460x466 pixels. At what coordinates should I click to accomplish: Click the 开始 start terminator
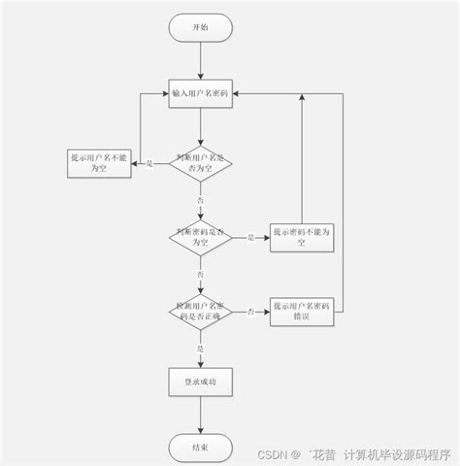200,27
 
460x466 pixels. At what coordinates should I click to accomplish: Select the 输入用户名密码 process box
200,93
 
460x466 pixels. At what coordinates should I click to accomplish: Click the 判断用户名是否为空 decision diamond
200,162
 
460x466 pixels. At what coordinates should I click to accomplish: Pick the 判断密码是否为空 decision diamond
200,236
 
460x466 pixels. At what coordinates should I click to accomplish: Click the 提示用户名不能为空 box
100,162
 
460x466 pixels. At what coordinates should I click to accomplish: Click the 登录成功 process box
200,383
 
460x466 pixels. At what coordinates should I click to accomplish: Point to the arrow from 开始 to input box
200,60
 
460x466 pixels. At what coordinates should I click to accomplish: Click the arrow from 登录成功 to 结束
200,416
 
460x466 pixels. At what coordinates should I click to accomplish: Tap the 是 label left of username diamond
150,163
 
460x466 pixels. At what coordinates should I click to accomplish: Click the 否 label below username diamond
201,199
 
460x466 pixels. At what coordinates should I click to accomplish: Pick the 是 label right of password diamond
250,237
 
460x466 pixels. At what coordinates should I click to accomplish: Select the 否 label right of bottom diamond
250,311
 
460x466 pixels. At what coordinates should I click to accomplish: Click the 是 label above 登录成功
201,348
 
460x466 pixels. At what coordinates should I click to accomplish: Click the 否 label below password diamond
201,275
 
